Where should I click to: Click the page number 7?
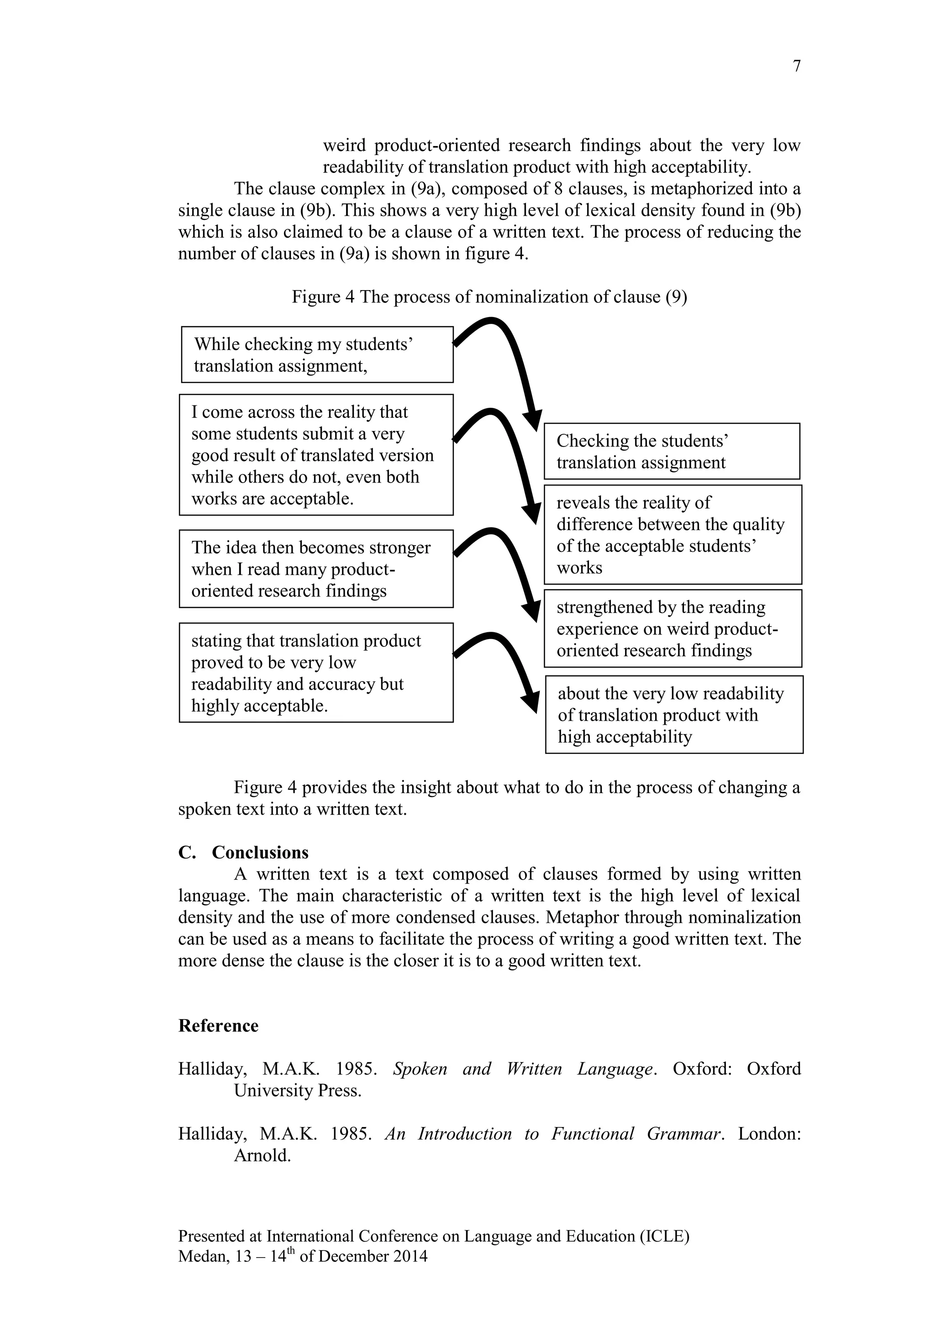click(796, 67)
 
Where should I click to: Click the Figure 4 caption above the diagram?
click(489, 297)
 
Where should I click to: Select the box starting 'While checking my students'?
click(317, 354)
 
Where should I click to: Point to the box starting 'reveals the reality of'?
click(672, 535)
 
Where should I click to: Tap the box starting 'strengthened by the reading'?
click(672, 628)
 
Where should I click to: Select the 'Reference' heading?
click(218, 1025)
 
